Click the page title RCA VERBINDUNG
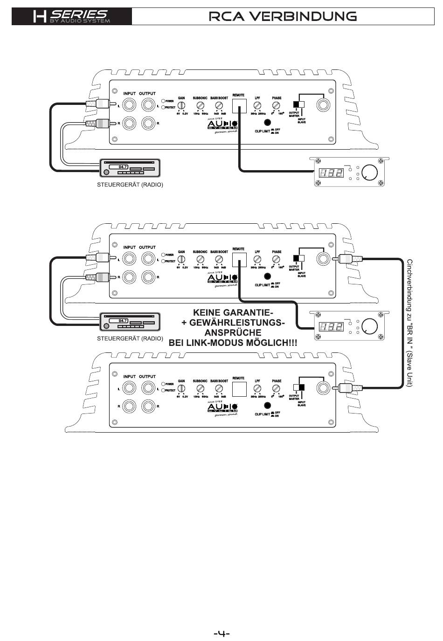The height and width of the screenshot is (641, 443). tap(283, 17)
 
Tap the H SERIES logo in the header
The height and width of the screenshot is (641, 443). tap(72, 17)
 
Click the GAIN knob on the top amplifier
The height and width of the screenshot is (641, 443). tap(181, 105)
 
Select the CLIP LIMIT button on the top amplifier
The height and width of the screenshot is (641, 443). tap(267, 123)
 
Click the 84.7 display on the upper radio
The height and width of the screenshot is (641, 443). tap(123, 167)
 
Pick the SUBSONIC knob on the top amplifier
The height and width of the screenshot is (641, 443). tap(201, 105)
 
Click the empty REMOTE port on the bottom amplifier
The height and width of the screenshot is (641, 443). tap(239, 389)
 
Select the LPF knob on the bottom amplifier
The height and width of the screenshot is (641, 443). tap(257, 388)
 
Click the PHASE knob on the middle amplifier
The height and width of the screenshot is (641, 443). tap(277, 259)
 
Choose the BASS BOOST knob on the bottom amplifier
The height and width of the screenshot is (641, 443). tap(219, 388)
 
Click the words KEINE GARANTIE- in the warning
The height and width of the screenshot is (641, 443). tap(233, 312)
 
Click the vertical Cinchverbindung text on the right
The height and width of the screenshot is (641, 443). tap(409, 323)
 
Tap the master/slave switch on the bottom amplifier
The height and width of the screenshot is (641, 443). tap(298, 387)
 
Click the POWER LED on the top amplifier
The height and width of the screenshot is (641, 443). tap(163, 101)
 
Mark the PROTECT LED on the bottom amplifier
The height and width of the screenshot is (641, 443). tap(163, 391)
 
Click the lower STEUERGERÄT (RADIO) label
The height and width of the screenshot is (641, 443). tap(130, 338)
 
